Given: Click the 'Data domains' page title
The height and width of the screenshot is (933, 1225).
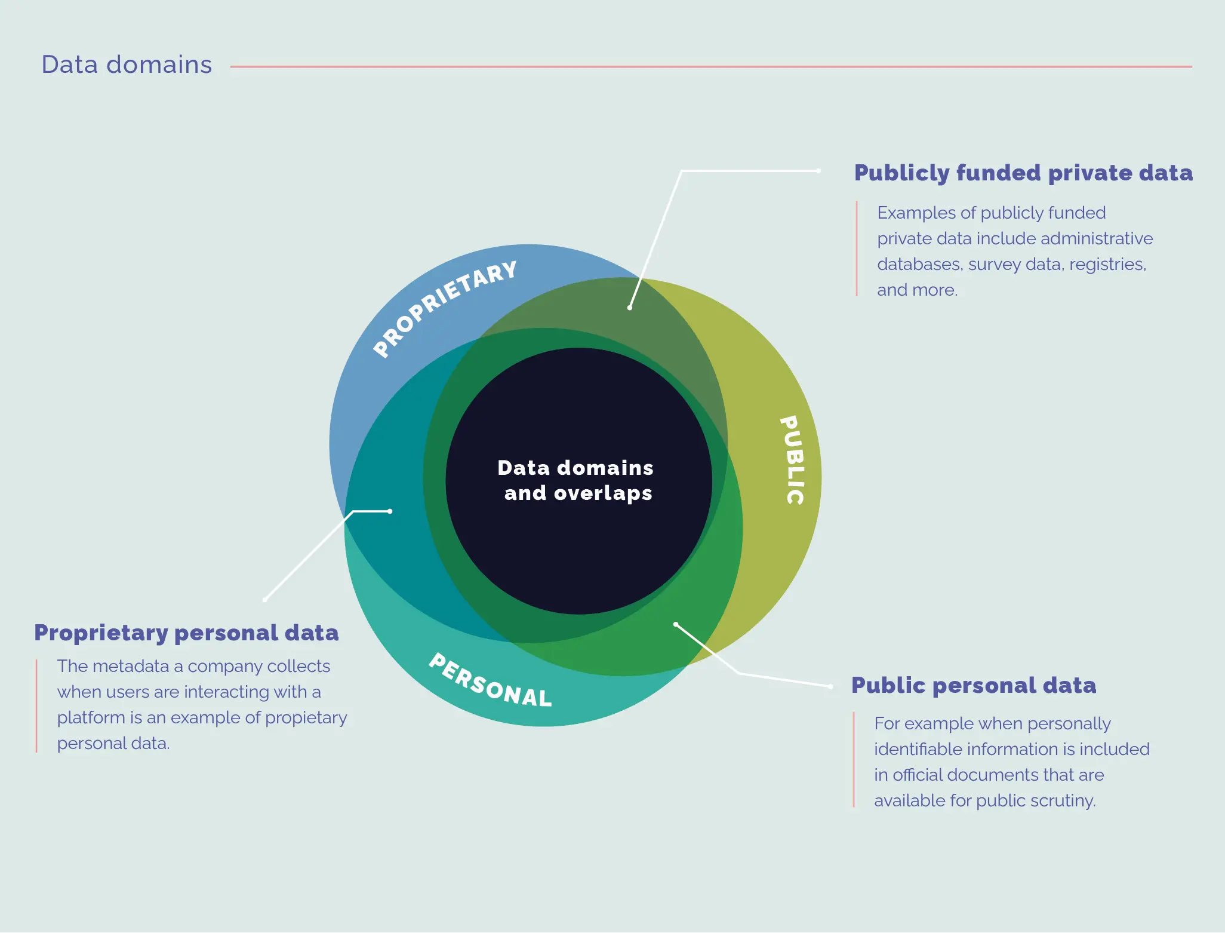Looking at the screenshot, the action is (127, 65).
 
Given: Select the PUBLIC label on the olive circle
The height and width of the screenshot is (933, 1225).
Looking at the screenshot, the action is (793, 460).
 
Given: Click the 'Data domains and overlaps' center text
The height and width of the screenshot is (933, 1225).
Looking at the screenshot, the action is (576, 480).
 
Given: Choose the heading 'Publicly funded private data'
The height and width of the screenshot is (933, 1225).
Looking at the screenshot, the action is (1023, 173).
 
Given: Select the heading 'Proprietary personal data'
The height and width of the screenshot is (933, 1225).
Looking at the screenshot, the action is (186, 633).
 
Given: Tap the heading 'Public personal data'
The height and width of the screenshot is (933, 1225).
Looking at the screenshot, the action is (974, 685).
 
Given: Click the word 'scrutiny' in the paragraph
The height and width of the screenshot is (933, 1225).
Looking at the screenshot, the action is (1066, 801).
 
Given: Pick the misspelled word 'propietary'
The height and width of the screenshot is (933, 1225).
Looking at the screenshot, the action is (306, 718).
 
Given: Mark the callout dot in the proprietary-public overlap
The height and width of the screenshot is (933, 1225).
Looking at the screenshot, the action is (630, 308).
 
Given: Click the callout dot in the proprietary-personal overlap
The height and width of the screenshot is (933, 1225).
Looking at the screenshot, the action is (390, 511).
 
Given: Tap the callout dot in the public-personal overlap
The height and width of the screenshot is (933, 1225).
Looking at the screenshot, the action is (676, 625).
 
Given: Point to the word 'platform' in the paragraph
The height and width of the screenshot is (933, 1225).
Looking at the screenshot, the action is (91, 718).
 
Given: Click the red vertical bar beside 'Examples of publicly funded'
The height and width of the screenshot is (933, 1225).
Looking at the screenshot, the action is (857, 248).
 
